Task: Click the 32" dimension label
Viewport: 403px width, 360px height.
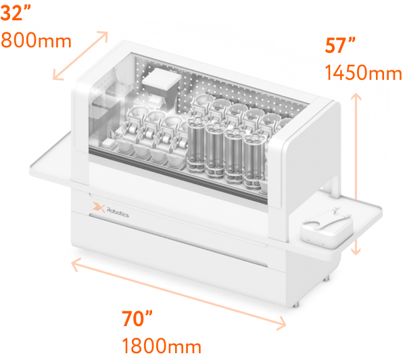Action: (16, 13)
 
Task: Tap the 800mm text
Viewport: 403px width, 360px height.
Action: (36, 41)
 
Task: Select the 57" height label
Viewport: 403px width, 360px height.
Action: (339, 45)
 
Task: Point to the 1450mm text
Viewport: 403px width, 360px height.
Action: (363, 72)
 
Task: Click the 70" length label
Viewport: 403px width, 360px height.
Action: (137, 318)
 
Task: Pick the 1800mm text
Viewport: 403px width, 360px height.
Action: (162, 346)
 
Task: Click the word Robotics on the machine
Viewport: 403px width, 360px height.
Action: (118, 212)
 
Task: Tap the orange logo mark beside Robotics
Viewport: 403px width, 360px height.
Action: (99, 207)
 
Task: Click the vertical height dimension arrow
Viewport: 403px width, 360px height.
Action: (356, 174)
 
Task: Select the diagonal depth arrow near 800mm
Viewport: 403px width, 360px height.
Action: (80, 55)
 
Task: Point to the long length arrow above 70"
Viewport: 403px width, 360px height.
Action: (179, 294)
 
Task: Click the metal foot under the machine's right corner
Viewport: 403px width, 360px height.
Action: (297, 305)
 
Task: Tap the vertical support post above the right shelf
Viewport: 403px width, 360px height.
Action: (335, 185)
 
